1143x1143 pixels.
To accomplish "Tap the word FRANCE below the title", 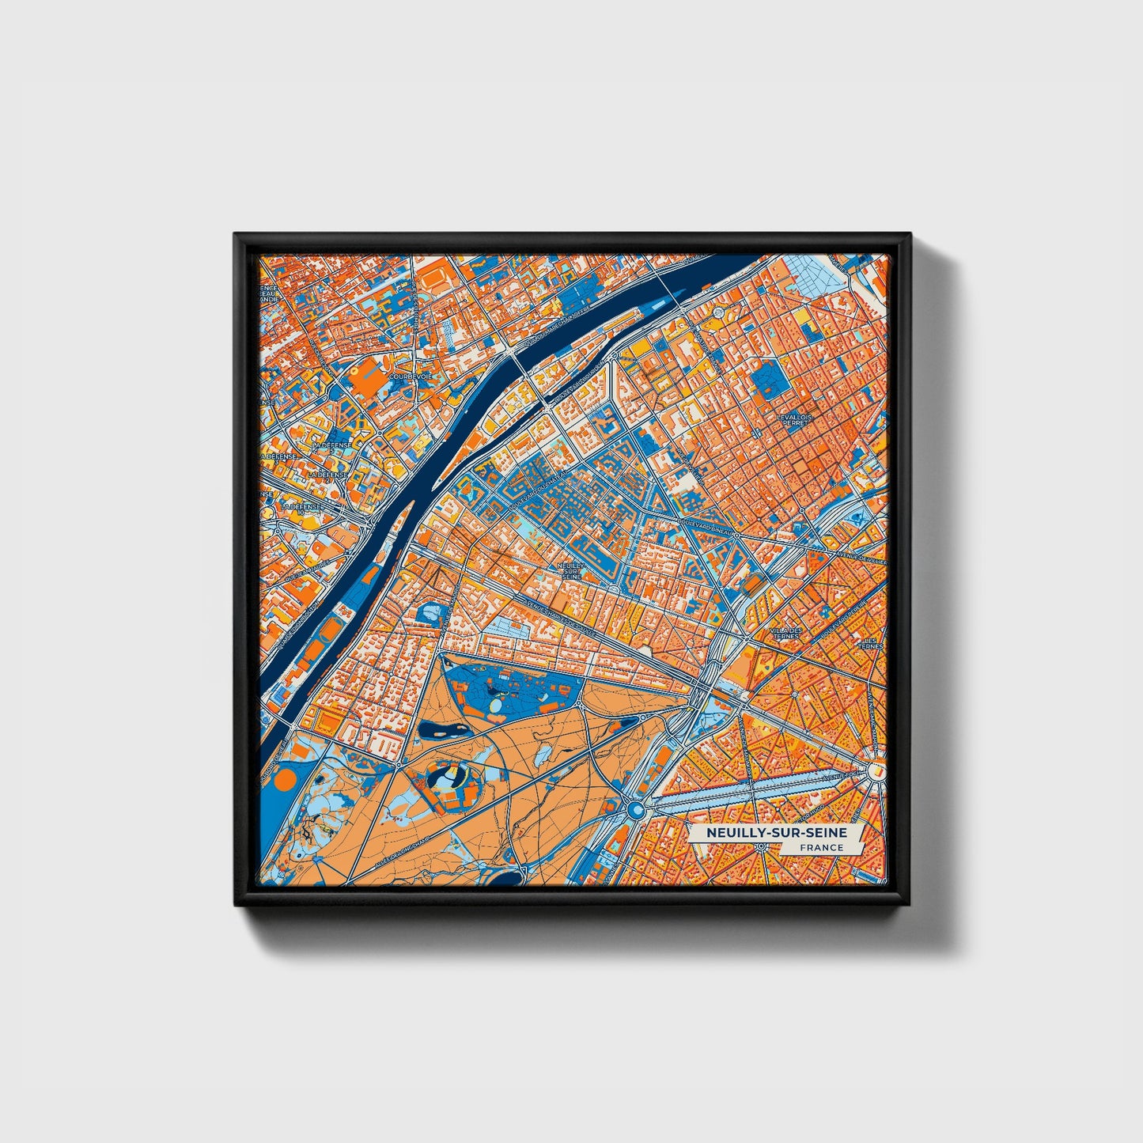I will point(820,848).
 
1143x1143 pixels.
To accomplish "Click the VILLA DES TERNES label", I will point(785,632).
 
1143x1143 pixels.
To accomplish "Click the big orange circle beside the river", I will point(284,782).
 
